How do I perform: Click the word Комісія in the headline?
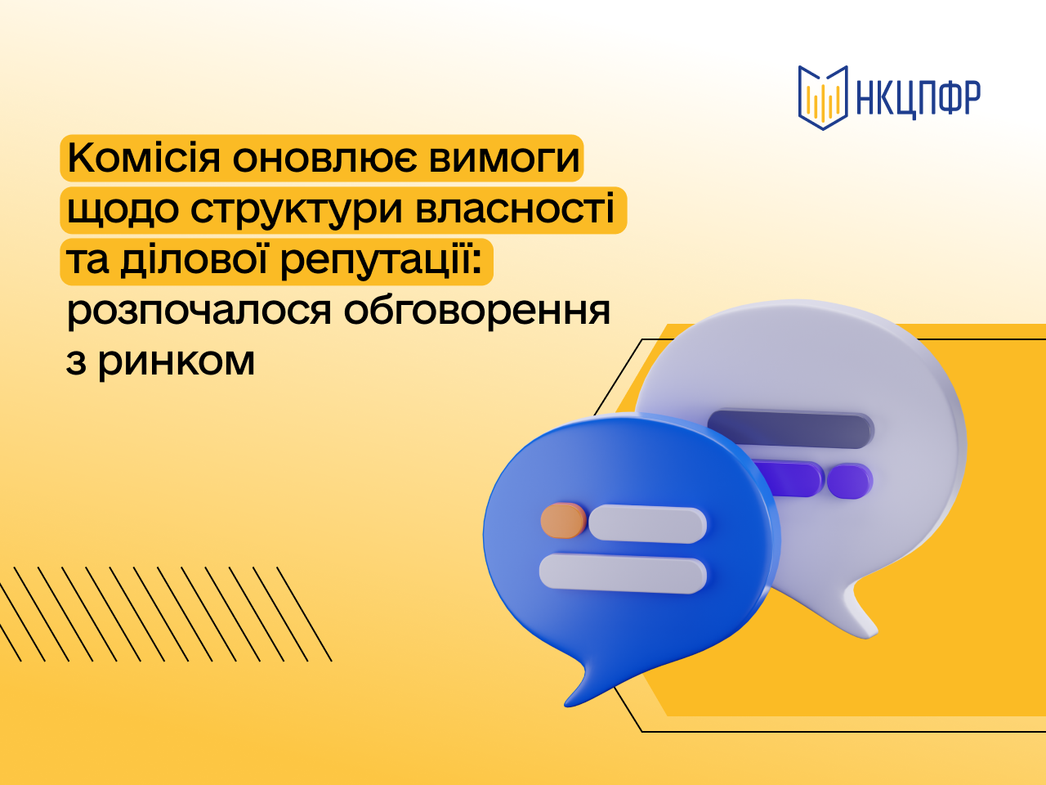coord(144,159)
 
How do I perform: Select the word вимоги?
coord(504,159)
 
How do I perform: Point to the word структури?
coord(297,211)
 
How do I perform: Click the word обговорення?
coord(477,310)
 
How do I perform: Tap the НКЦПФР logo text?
coord(918,98)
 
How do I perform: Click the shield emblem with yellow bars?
coord(823,97)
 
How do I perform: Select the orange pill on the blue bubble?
coord(563,521)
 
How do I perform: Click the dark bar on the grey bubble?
coord(790,430)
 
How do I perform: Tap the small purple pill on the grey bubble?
coord(850,481)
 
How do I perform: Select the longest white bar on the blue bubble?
coord(623,573)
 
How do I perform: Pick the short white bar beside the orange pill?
coord(647,524)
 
